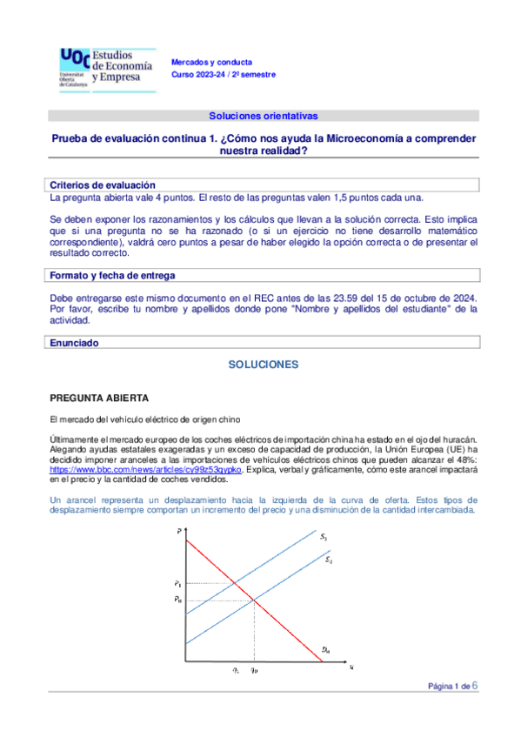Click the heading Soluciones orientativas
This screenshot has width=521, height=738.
264,115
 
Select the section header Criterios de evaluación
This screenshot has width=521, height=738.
103,185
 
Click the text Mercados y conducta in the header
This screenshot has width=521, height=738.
211,63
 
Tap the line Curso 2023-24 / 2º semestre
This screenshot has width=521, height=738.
223,75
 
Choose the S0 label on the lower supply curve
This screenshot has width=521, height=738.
328,560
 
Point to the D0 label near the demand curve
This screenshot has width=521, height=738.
324,649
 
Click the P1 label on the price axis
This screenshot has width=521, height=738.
177,582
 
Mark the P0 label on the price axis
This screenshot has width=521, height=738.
177,599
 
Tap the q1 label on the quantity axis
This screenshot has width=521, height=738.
236,671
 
